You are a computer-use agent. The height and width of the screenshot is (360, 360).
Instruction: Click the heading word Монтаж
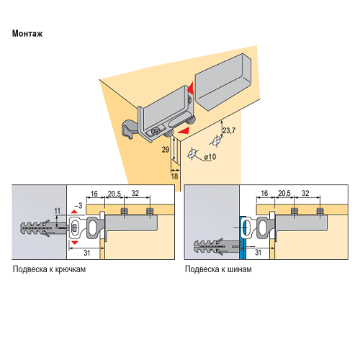(x=27, y=33)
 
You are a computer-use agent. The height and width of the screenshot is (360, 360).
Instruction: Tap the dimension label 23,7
(x=229, y=130)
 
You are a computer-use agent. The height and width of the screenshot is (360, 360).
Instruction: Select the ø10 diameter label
(x=210, y=157)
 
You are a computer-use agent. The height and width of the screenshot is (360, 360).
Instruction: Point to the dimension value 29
(x=166, y=150)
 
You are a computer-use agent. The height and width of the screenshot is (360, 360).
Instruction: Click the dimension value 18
(x=174, y=176)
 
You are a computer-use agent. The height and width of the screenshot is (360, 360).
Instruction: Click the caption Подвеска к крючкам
(x=49, y=269)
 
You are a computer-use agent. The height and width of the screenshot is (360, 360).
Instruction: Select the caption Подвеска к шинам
(x=218, y=269)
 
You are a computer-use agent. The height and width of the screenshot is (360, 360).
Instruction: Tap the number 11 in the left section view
(x=57, y=211)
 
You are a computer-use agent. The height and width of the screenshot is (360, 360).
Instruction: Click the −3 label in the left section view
(x=78, y=206)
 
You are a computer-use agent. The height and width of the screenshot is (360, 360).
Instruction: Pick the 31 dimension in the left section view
(x=87, y=253)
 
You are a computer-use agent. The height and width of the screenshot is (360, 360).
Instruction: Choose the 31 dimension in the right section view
(x=258, y=252)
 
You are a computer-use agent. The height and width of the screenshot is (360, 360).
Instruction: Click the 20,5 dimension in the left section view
(x=114, y=194)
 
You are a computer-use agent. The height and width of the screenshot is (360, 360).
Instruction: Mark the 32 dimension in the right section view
(x=305, y=193)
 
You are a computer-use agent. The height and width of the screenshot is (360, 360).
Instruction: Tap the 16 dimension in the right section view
(x=264, y=193)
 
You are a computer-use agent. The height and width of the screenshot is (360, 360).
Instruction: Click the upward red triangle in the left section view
(x=74, y=212)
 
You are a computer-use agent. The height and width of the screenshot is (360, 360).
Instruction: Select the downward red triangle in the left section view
(x=75, y=243)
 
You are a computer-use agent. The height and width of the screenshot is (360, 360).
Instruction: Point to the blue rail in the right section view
(x=243, y=238)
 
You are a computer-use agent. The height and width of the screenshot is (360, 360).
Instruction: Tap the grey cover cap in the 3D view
(x=223, y=81)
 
